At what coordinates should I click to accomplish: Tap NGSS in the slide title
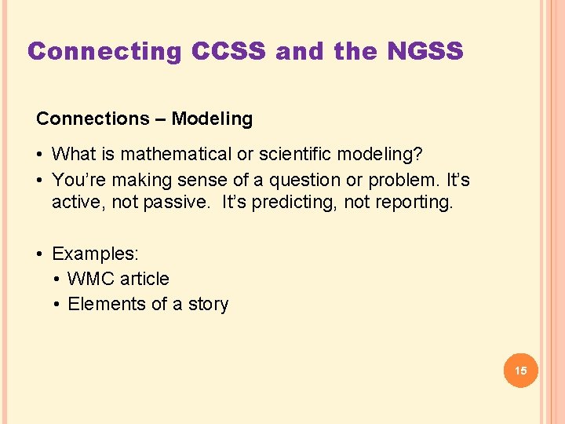(425, 52)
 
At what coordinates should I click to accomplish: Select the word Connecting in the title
(104, 52)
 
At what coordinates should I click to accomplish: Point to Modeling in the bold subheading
(212, 119)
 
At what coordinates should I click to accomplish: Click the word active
(75, 203)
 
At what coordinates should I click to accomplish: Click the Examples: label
(95, 254)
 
